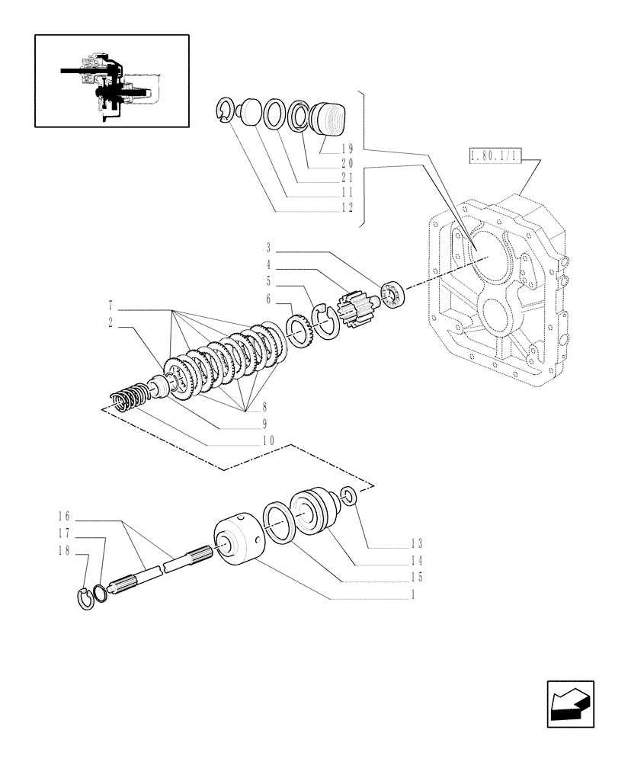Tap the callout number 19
tap(347, 149)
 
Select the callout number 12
tap(347, 208)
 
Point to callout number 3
tap(269, 248)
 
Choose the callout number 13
tap(415, 543)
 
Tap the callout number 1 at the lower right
tap(412, 594)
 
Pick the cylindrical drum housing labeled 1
tap(238, 542)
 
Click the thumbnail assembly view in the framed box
tap(111, 80)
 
